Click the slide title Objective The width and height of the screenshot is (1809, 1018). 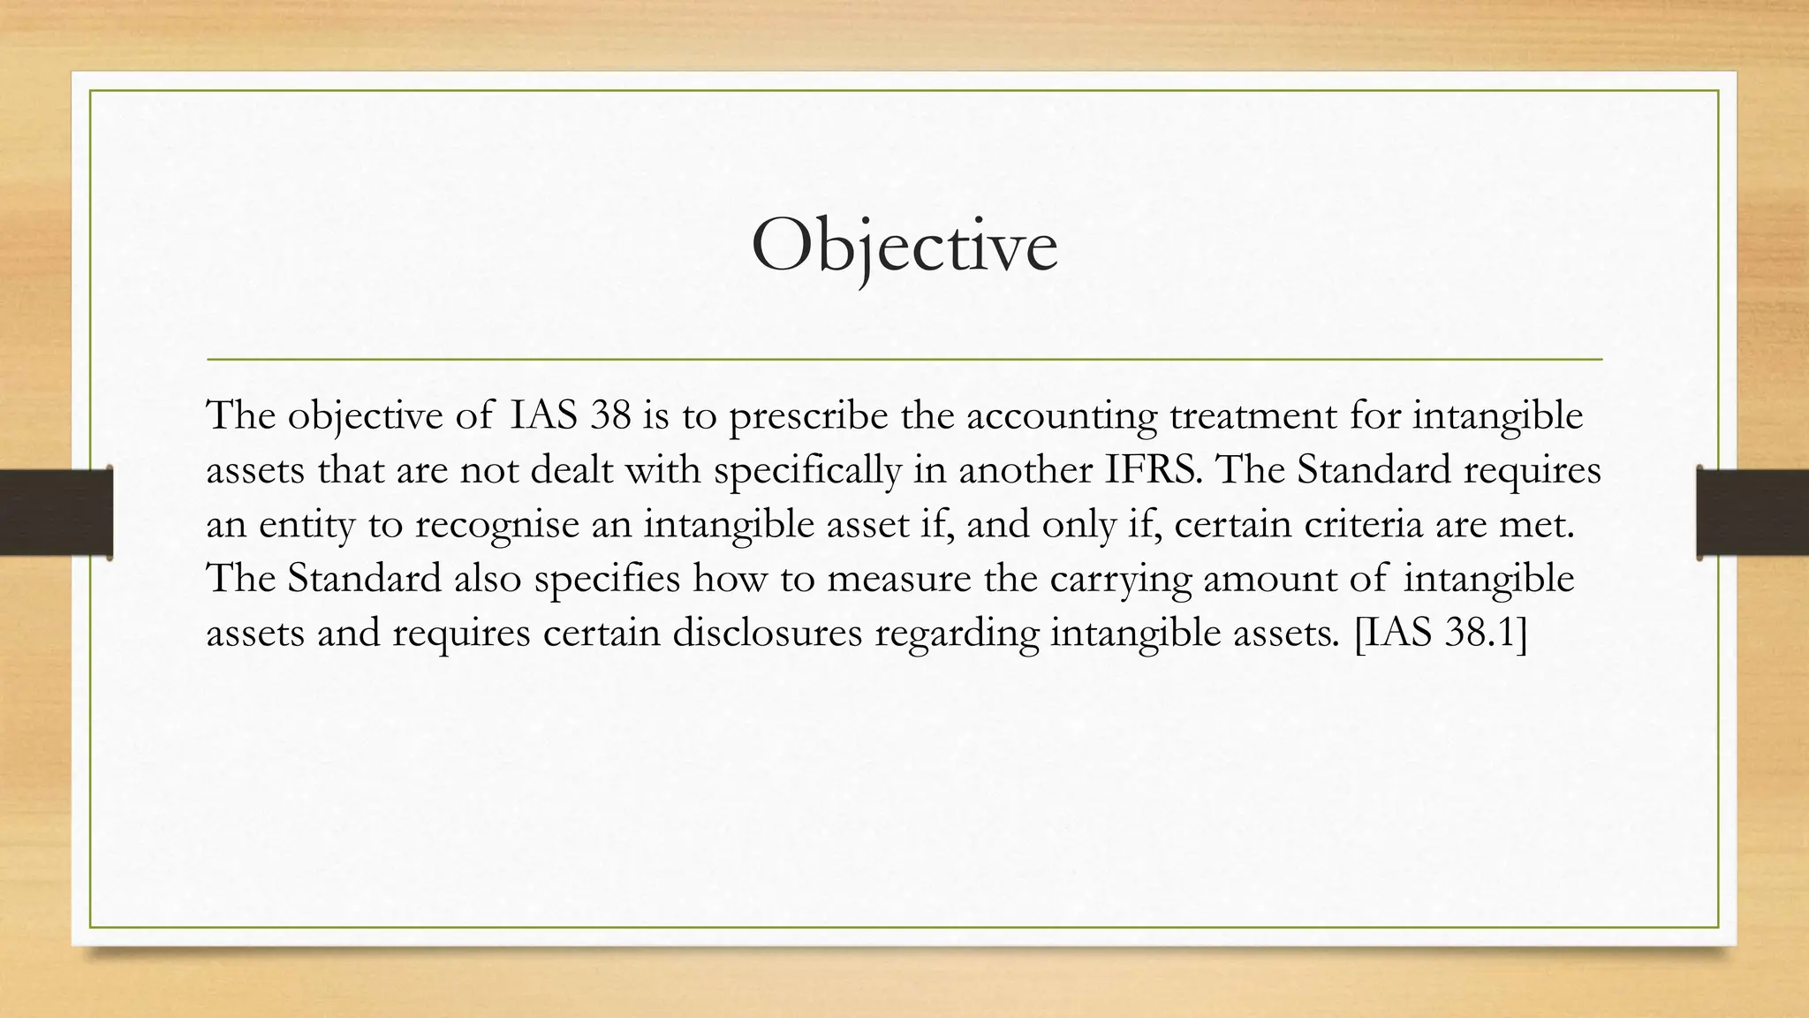point(904,247)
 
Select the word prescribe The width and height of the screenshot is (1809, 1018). point(807,416)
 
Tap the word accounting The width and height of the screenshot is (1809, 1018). point(1061,416)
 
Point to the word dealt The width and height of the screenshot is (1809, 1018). point(571,470)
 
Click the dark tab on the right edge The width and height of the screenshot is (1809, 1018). point(1752,513)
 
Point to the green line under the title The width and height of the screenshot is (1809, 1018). point(904,360)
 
